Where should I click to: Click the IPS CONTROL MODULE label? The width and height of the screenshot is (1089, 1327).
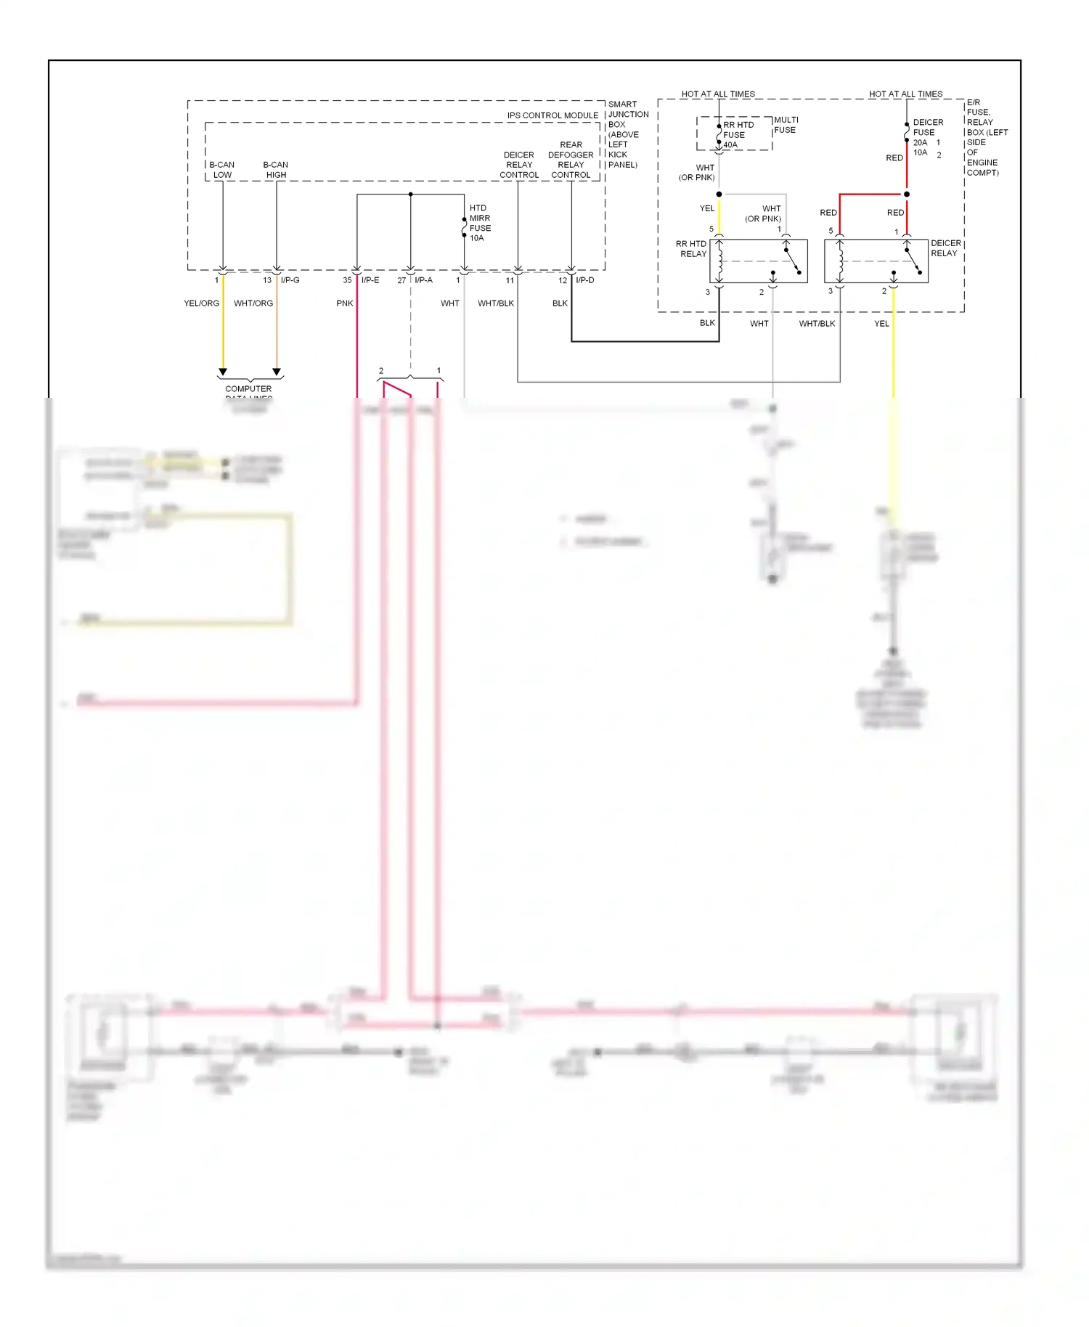552,115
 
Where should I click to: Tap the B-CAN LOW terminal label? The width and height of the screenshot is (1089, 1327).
222,170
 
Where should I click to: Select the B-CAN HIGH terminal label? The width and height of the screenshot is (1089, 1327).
276,170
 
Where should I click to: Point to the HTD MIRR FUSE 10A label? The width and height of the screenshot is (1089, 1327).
479,223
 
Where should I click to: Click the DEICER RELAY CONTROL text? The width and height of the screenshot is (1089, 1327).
519,165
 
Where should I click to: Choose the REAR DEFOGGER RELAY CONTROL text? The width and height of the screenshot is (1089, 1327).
571,160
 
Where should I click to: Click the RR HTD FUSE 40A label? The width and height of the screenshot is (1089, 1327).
738,135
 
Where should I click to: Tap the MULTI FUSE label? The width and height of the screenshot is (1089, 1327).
786,125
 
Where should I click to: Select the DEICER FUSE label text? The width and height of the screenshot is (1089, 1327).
928,128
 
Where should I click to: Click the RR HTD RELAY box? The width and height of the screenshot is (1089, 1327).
758,261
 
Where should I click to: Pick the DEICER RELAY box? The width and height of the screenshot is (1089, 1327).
876,261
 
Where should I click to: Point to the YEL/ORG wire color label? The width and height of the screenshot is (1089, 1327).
201,303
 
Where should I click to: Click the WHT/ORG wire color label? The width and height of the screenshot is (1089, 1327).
253,303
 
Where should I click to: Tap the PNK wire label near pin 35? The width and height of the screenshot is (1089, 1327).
345,303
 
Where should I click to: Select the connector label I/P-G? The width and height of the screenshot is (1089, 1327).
290,280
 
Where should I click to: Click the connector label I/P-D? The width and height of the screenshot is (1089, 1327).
584,280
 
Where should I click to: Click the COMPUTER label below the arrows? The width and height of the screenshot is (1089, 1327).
248,389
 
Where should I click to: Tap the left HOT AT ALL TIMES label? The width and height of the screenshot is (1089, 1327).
718,94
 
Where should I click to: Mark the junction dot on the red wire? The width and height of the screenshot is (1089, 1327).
907,195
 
